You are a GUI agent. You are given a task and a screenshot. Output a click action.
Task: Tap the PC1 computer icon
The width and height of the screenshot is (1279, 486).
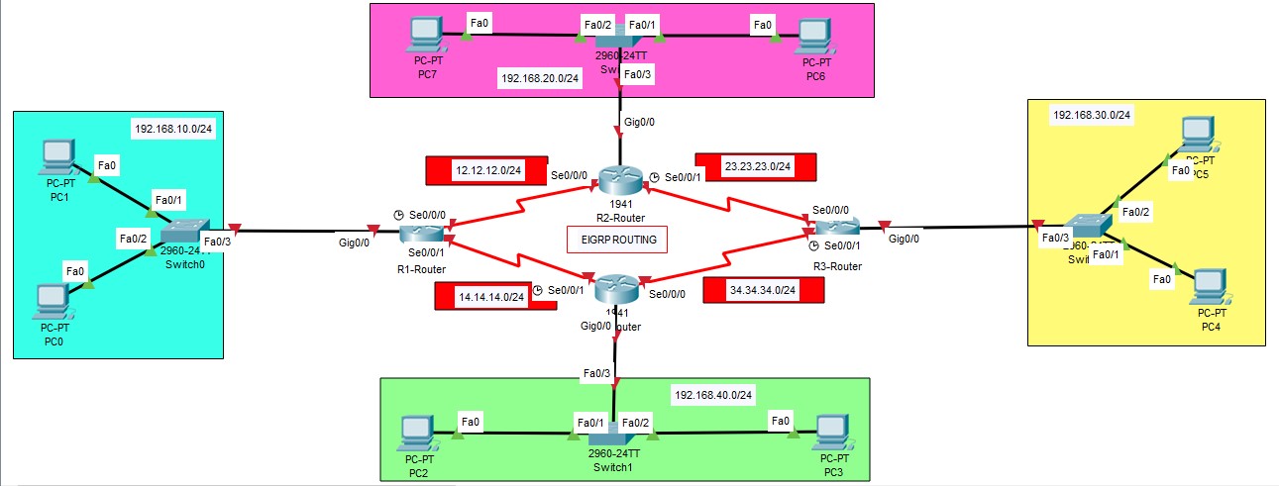(58, 156)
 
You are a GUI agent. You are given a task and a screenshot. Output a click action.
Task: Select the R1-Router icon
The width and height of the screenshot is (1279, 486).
(423, 235)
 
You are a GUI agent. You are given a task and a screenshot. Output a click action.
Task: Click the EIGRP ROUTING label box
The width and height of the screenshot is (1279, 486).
(617, 240)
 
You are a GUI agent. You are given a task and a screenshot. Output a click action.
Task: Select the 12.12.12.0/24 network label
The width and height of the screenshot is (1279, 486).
(487, 170)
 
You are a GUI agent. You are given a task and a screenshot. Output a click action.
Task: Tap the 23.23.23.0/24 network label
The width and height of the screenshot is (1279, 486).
(757, 167)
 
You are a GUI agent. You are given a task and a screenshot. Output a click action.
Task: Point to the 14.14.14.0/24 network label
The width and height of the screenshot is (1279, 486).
(491, 296)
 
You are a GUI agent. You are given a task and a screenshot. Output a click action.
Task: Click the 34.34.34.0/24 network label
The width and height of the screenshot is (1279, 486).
(762, 290)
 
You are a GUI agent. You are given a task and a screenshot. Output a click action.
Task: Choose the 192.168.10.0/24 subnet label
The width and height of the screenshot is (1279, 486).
(173, 130)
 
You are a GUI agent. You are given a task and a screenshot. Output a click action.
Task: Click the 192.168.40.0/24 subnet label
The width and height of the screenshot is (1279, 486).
(713, 394)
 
